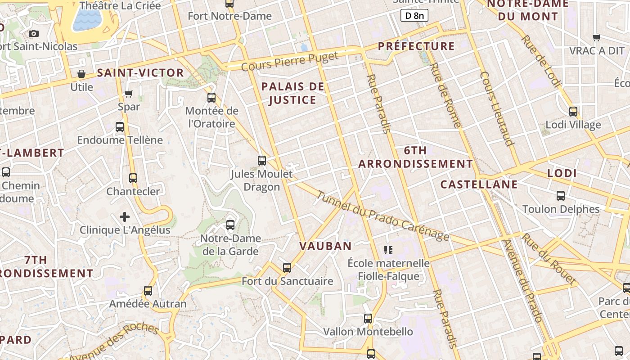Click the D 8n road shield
click(x=414, y=16)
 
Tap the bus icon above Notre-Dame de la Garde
click(x=230, y=225)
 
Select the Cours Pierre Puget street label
click(x=290, y=62)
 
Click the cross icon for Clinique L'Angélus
click(x=125, y=217)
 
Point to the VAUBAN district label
click(x=325, y=246)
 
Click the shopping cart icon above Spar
click(x=129, y=94)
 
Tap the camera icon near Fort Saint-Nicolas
click(x=34, y=33)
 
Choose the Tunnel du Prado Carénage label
click(x=382, y=216)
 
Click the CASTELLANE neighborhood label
click(x=479, y=184)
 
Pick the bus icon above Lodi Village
click(x=573, y=111)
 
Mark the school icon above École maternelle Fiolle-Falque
click(x=388, y=250)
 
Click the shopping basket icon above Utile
click(x=81, y=74)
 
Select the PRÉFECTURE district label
click(x=416, y=46)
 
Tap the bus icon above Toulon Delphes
click(x=561, y=195)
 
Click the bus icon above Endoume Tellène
click(x=120, y=126)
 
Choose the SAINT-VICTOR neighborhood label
click(x=140, y=73)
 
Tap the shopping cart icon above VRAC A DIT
click(x=597, y=37)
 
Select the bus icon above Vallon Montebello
click(x=368, y=319)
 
